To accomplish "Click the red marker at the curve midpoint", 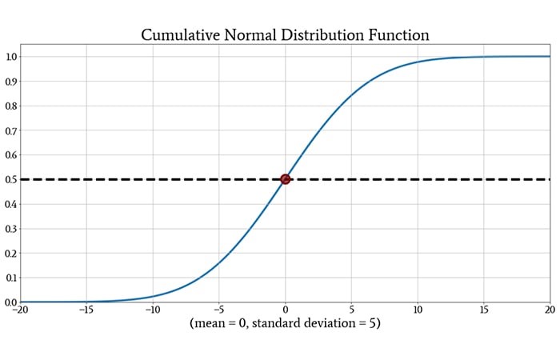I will (286, 179).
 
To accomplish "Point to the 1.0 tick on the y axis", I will (12, 57).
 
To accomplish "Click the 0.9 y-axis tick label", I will (12, 82).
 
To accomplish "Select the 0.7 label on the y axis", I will (12, 130).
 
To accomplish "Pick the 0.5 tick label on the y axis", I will (12, 179).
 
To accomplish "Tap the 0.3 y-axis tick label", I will (12, 229).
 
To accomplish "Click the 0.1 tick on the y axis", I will (12, 278).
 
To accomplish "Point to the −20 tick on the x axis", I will (21, 310).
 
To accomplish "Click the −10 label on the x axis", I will (153, 310).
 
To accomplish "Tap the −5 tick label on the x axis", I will (219, 310).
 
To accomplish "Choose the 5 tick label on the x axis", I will (352, 310).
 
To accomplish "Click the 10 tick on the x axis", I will (418, 310).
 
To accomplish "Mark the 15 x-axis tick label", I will (484, 310).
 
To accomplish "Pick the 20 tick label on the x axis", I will (549, 310).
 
